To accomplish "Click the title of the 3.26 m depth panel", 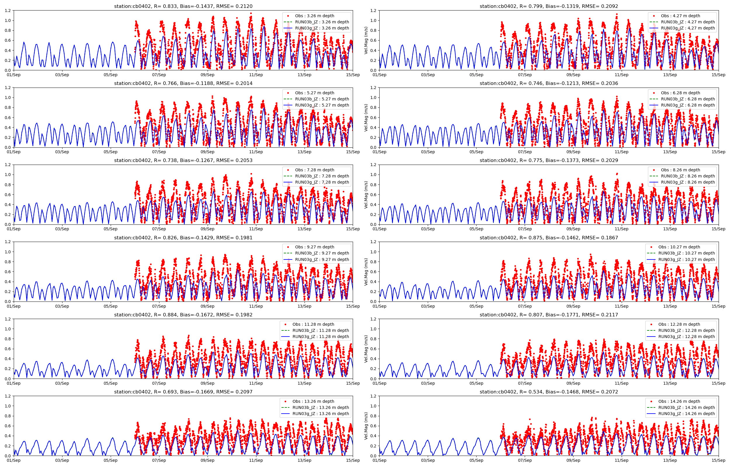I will [183, 6].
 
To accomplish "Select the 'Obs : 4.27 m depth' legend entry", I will [680, 16].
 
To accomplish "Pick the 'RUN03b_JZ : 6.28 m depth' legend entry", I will [688, 99].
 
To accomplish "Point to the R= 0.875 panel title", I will [549, 238].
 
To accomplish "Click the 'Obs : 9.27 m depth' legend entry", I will [314, 247].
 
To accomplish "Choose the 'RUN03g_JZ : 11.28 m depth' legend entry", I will [320, 337].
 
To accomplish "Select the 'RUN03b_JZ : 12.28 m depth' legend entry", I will [686, 330].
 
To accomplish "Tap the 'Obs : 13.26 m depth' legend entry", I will [313, 401].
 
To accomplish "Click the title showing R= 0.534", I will [549, 392].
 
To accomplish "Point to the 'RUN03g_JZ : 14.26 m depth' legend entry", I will [686, 414].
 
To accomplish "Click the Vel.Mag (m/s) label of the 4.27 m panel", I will [366, 40].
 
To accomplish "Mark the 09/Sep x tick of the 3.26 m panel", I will [207, 75].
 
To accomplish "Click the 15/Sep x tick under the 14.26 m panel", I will [719, 460].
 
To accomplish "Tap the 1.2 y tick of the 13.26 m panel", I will [8, 396].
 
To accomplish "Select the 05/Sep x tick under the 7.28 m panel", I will [110, 229].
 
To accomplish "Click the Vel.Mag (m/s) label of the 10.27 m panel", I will [366, 272].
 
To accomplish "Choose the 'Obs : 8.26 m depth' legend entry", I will [680, 170].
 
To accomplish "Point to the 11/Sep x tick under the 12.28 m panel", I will [621, 383].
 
